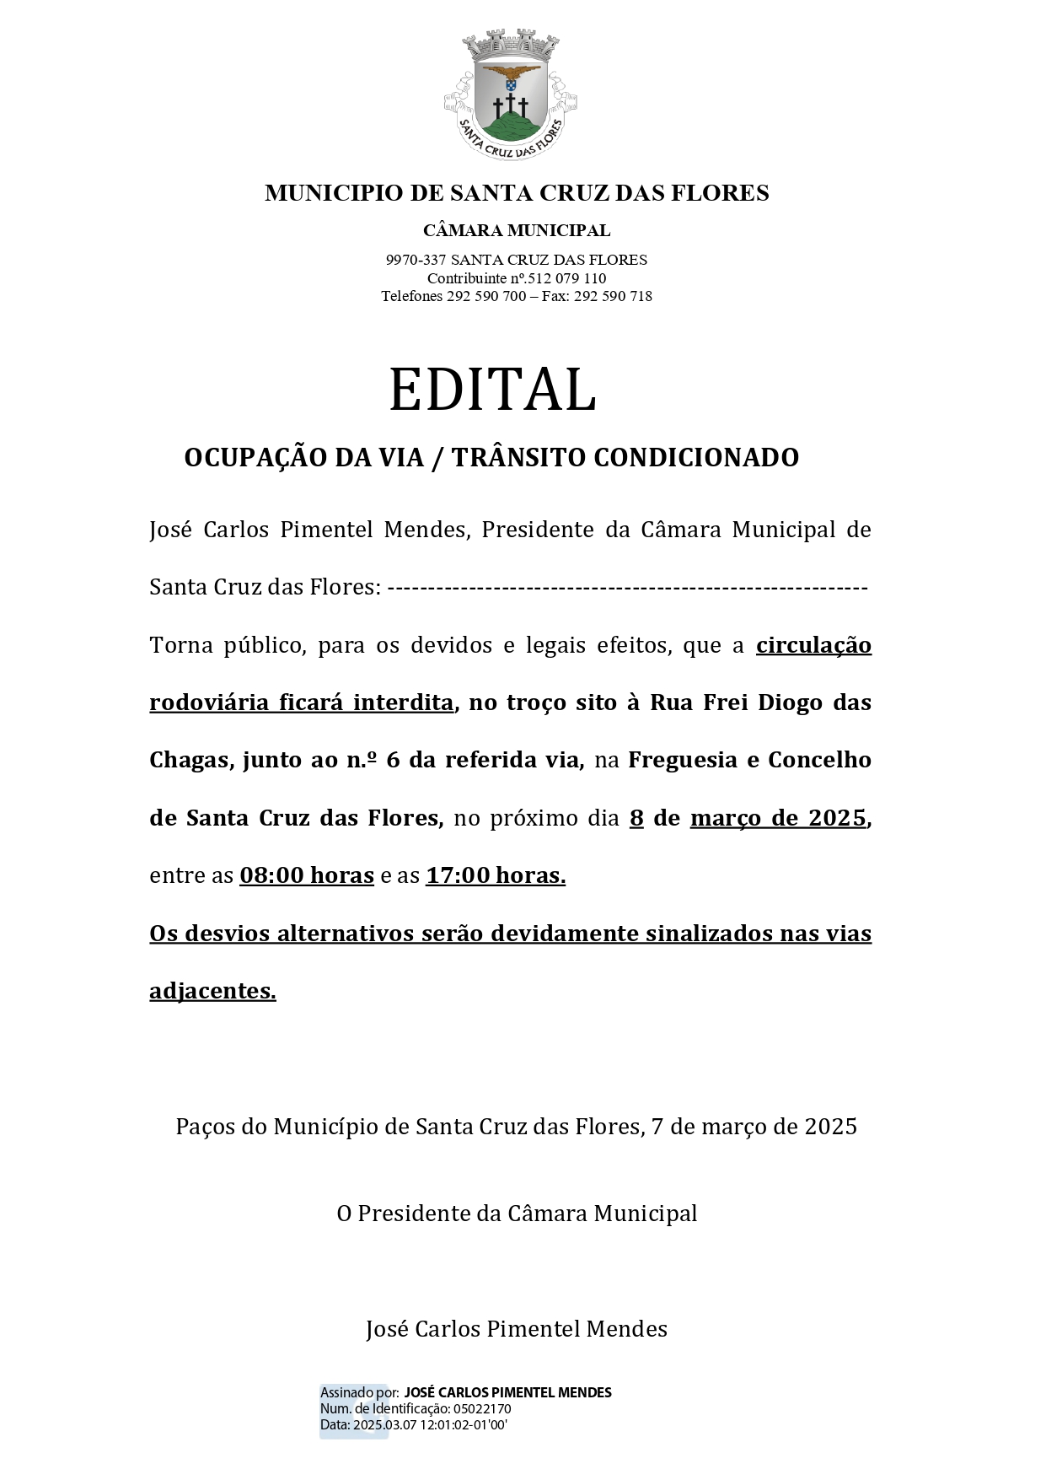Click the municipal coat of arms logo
[511, 94]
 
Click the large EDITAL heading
[492, 390]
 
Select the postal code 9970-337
[416, 260]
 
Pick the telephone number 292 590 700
[486, 296]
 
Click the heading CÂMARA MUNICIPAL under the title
[517, 230]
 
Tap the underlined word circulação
[813, 645]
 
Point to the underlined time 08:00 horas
[307, 875]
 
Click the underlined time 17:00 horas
[496, 875]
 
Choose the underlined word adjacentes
[212, 991]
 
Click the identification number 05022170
[482, 1408]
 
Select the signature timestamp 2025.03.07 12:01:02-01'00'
[430, 1424]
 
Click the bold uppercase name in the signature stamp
[507, 1392]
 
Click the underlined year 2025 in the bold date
[837, 818]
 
